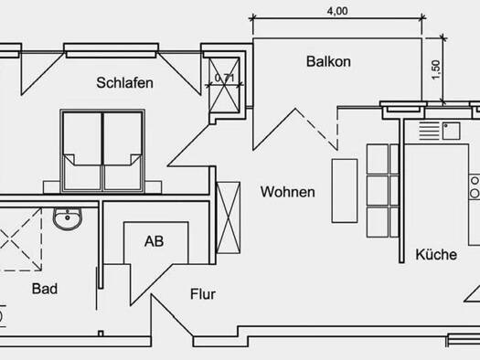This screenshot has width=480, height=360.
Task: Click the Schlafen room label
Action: tap(125, 83)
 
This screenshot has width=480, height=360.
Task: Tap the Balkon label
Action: tap(328, 61)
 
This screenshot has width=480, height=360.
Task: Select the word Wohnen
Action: tap(288, 192)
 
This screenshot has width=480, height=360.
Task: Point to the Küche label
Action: tap(436, 254)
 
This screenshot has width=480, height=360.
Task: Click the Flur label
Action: tap(203, 294)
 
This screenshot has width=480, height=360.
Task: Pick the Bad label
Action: tap(45, 289)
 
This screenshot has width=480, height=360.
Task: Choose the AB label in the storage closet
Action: tap(154, 241)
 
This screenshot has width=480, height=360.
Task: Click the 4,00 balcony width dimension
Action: tap(337, 11)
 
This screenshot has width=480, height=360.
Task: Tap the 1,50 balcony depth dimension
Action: tap(435, 69)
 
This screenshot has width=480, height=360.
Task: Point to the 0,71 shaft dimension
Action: tap(225, 78)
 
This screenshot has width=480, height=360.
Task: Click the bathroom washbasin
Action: tap(68, 218)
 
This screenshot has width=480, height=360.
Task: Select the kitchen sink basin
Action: tap(451, 131)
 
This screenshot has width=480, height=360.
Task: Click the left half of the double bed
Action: tap(82, 152)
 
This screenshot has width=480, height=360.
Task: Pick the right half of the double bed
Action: tap(123, 152)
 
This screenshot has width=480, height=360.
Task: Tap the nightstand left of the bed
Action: tap(51, 187)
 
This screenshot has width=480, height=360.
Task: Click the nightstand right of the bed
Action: tap(153, 187)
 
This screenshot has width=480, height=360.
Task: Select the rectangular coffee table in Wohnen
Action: tap(345, 191)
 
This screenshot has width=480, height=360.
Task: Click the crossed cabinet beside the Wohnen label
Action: tap(228, 217)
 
